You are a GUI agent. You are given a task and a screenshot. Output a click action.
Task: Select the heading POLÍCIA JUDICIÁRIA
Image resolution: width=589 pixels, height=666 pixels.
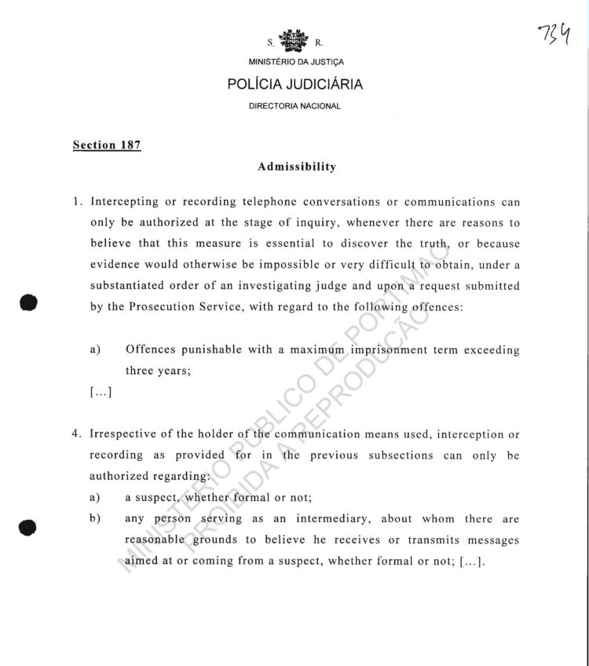click(294, 85)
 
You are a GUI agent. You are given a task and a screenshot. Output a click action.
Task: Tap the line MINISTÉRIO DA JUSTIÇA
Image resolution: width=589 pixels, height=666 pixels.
click(294, 62)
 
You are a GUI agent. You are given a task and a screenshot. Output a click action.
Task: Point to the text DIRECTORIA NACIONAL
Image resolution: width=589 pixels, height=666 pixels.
click(294, 106)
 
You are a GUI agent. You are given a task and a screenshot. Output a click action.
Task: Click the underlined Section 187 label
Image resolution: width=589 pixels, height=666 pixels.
click(107, 145)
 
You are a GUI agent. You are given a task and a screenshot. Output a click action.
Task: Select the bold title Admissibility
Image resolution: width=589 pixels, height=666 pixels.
click(297, 166)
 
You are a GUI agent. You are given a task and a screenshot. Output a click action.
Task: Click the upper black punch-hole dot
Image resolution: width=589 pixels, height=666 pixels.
click(29, 302)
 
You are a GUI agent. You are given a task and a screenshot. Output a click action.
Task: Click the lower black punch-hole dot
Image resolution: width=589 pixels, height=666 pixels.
click(29, 526)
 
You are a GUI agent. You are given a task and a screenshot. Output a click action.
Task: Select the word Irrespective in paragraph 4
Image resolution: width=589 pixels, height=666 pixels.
click(126, 434)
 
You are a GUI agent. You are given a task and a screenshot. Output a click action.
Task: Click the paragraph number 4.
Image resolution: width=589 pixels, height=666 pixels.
click(76, 434)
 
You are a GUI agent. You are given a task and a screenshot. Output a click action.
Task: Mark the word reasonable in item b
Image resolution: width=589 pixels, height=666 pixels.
click(154, 540)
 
